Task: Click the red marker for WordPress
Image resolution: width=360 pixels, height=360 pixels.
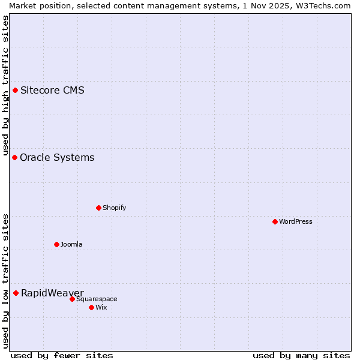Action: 275,221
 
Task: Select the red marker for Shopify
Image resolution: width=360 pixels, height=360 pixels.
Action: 98,208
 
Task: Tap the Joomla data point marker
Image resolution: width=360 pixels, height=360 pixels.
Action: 56,244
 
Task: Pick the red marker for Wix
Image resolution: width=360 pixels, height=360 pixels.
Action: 91,307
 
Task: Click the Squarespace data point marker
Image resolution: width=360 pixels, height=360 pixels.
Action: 72,299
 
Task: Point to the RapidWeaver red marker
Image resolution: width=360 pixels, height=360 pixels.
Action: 16,293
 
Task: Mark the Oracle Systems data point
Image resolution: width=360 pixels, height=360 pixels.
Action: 14,157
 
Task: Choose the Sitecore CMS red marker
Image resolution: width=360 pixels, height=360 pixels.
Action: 15,90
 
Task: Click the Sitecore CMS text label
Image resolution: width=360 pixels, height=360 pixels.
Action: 52,91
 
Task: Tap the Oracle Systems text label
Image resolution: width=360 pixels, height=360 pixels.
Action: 57,158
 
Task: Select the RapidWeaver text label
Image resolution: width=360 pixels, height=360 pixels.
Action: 52,293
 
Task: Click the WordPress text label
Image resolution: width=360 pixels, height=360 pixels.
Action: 296,221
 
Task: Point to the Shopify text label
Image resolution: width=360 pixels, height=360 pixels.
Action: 114,208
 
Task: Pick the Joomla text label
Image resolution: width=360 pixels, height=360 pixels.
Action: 71,244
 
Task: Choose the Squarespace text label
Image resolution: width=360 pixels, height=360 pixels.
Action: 97,299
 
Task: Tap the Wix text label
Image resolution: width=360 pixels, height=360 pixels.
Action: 101,307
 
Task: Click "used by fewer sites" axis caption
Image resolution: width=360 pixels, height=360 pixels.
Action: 62,355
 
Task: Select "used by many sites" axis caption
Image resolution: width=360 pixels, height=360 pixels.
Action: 301,355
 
